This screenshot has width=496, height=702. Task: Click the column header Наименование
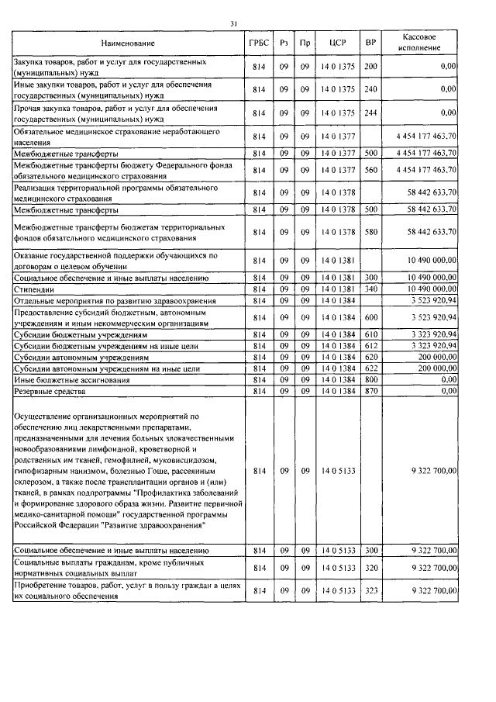pos(127,43)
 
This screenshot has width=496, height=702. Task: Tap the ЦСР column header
pos(337,43)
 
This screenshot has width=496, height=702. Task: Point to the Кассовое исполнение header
pos(424,43)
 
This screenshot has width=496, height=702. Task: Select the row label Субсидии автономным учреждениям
pos(81,358)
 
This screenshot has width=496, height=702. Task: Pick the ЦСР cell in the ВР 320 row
pos(337,569)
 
